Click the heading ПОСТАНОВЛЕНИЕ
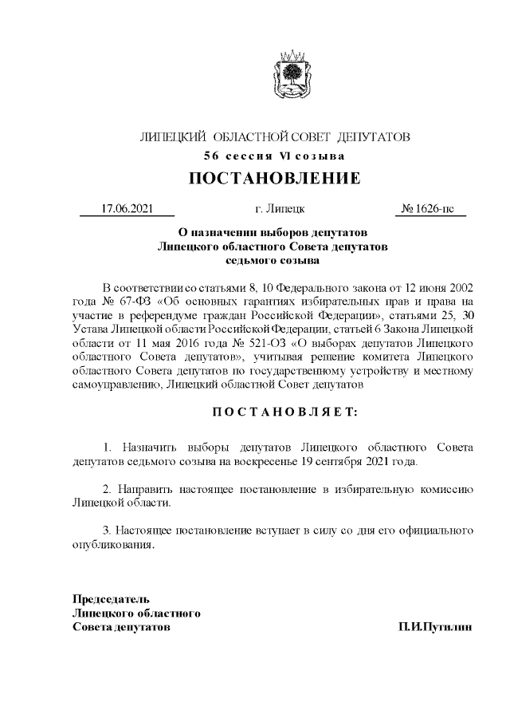pos(274,178)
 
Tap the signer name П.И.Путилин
pos(436,628)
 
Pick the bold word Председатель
pos(111,598)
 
